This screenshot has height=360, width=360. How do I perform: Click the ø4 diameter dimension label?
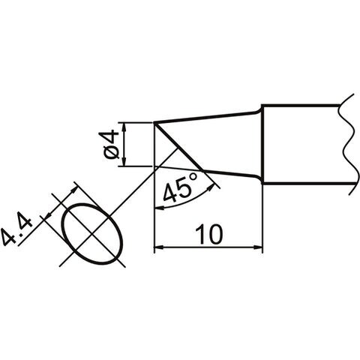108,145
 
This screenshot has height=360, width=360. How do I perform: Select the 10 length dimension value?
208,235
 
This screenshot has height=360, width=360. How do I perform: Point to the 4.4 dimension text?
17,228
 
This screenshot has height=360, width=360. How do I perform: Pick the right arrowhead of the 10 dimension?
258,247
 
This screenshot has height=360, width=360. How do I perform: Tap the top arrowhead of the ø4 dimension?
123,127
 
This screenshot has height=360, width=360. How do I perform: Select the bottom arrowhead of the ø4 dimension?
123,161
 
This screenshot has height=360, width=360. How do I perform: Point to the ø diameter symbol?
109,152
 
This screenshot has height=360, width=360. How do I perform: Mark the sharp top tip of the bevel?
154,123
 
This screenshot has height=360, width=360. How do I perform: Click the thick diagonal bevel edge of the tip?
178,147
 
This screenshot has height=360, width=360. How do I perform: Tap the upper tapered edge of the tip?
208,117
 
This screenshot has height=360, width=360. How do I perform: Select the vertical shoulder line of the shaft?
262,144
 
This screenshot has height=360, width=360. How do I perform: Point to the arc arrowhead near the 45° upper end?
211,187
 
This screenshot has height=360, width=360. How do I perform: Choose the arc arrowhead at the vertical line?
159,207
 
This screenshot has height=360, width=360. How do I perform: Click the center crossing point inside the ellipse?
92,233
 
